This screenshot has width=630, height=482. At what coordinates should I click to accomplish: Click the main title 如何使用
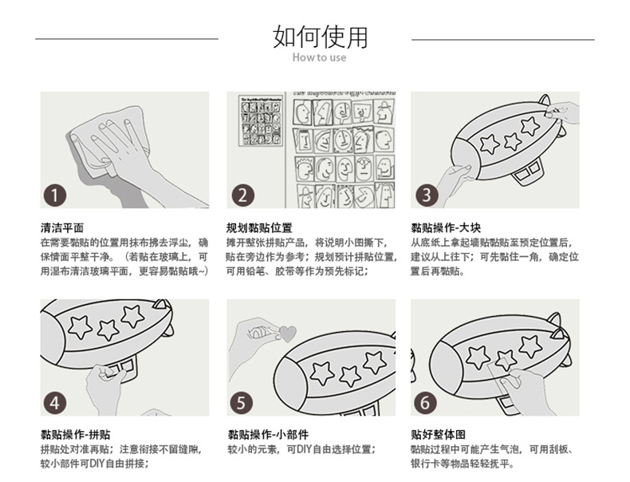pyautogui.click(x=320, y=36)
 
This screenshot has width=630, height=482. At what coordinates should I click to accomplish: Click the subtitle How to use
pyautogui.click(x=319, y=57)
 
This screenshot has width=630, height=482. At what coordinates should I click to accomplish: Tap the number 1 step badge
pyautogui.click(x=54, y=194)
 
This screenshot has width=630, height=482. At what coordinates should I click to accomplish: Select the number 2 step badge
pyautogui.click(x=242, y=195)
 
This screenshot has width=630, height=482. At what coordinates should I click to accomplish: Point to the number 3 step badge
pyautogui.click(x=425, y=195)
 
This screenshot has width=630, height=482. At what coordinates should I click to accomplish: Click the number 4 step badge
pyautogui.click(x=54, y=402)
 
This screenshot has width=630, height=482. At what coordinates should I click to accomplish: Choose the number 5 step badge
pyautogui.click(x=242, y=402)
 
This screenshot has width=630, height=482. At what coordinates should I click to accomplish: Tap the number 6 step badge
pyautogui.click(x=425, y=402)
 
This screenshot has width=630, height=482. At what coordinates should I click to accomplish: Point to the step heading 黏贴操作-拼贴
pyautogui.click(x=75, y=435)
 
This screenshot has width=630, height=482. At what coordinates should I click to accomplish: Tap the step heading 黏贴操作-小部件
pyautogui.click(x=267, y=435)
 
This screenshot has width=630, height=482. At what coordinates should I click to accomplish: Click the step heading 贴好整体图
pyautogui.click(x=438, y=435)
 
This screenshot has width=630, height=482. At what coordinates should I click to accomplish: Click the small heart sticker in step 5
pyautogui.click(x=287, y=333)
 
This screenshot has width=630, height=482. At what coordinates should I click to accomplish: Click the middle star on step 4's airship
pyautogui.click(x=108, y=329)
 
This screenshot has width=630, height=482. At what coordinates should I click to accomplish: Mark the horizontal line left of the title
pyautogui.click(x=128, y=38)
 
